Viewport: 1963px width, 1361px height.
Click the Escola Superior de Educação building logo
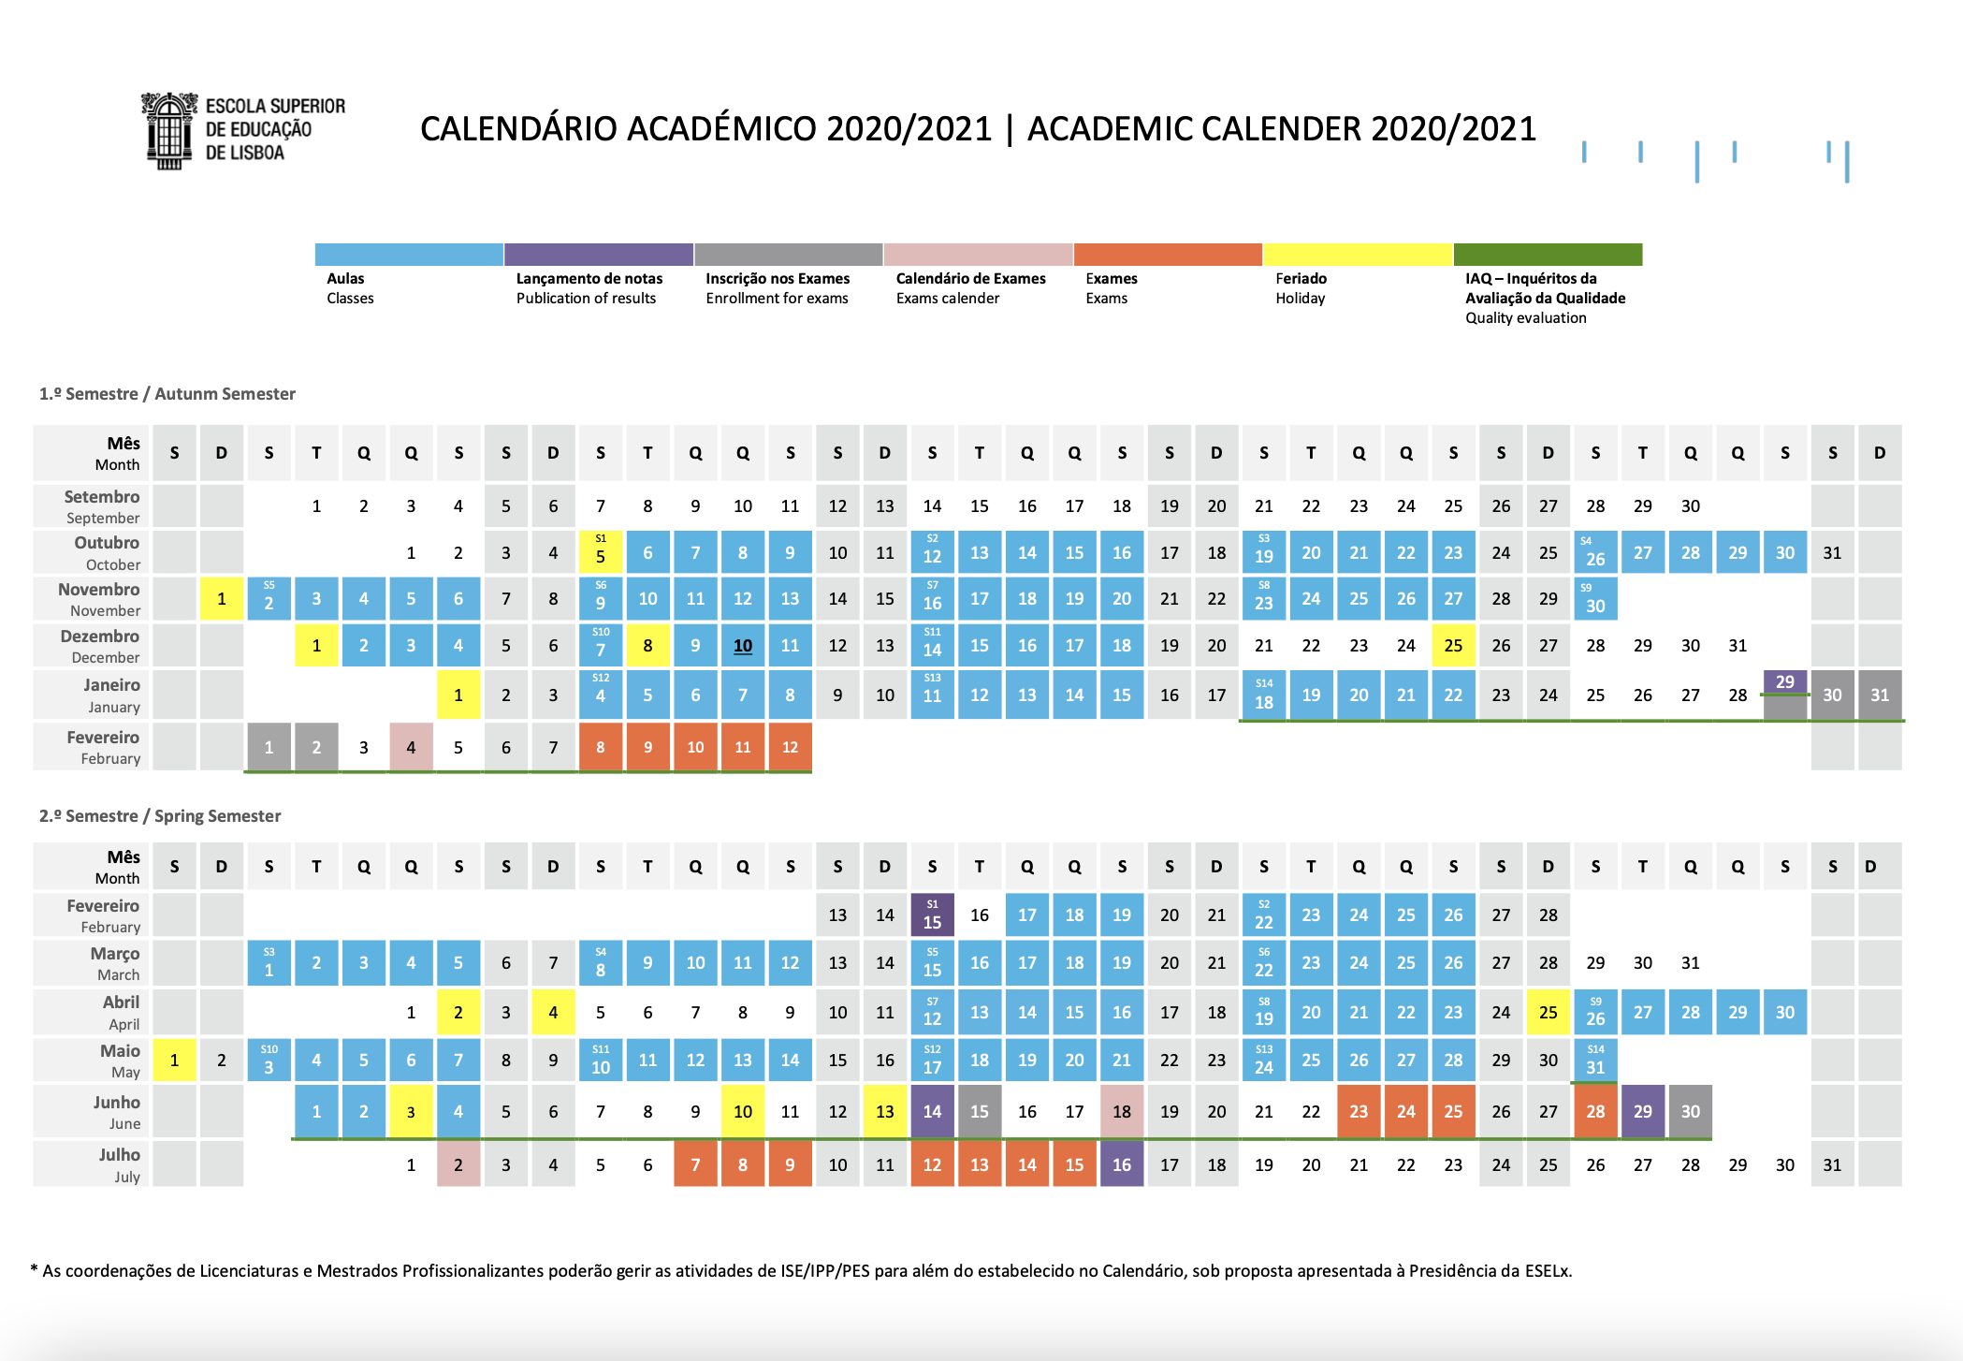[169, 131]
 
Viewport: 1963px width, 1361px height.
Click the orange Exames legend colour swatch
[1168, 255]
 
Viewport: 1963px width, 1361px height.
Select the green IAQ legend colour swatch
[1548, 255]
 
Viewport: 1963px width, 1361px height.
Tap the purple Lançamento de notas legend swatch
[599, 255]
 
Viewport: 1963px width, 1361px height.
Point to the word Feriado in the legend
[1301, 278]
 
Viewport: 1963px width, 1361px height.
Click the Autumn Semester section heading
[167, 394]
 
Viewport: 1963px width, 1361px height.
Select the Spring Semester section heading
[160, 816]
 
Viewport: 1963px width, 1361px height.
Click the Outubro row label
[106, 543]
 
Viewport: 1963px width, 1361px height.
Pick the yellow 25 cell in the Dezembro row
[1453, 646]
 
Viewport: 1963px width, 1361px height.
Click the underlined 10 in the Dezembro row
[743, 646]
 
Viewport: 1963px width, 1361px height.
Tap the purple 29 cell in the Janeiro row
[1785, 682]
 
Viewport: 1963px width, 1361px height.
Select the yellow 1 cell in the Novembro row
[222, 599]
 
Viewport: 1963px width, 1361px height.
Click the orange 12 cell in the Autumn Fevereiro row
[790, 747]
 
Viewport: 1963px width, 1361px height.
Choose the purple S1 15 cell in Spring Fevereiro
[932, 915]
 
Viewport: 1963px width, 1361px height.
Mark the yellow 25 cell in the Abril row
[1549, 1012]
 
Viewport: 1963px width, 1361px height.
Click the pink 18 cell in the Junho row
[1122, 1111]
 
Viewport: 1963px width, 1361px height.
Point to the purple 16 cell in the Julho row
[1122, 1164]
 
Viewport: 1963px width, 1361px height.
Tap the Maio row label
[120, 1051]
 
